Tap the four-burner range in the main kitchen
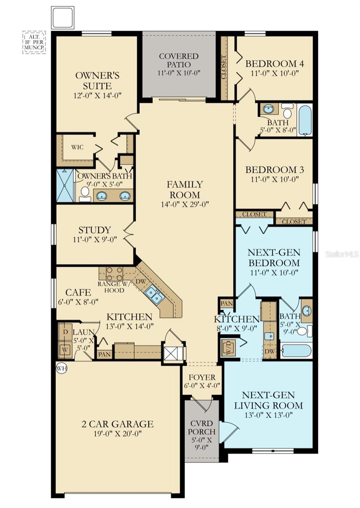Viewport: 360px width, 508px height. pos(114,273)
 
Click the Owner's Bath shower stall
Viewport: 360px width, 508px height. pos(65,185)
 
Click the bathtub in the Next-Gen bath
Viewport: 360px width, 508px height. pos(296,352)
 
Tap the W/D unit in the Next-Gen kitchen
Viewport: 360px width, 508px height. pos(228,348)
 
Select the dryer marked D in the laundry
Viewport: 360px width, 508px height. pos(65,332)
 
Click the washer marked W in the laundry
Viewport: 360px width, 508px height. pos(65,350)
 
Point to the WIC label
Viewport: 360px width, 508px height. pos(78,147)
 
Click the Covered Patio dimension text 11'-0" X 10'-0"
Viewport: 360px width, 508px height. pos(179,73)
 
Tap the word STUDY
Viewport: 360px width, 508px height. pos(94,230)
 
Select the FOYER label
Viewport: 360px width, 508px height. pos(202,377)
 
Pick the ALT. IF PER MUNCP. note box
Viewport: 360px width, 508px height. pos(34,42)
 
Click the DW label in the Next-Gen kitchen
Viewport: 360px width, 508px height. pos(270,351)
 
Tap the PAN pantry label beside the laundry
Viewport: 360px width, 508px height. pos(104,354)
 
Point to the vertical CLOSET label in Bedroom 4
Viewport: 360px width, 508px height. pos(224,67)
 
